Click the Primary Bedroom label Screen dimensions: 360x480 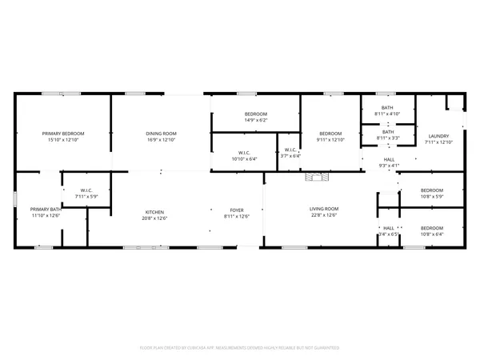pos(63,133)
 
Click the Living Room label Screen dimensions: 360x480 pos(324,210)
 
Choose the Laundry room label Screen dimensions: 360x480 pos(438,135)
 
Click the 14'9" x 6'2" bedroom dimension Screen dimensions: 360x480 pos(255,120)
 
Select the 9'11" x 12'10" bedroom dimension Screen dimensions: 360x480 pos(330,139)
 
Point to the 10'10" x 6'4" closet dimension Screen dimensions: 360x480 pos(246,158)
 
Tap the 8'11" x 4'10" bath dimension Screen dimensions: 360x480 pos(387,114)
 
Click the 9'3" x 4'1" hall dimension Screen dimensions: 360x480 pos(389,166)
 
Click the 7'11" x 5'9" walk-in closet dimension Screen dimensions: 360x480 pos(86,196)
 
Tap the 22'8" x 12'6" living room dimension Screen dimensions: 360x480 pos(324,215)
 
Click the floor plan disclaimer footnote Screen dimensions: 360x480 pos(240,348)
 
